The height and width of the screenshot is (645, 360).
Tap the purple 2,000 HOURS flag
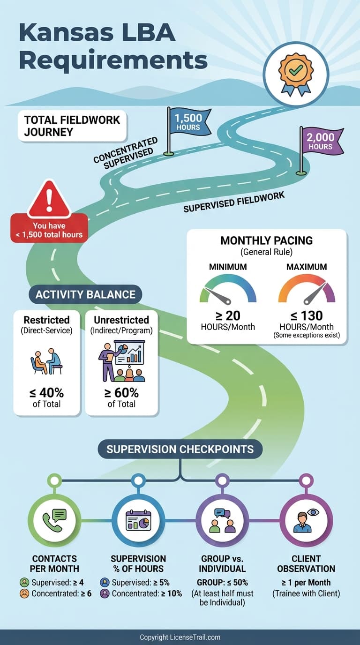pyautogui.click(x=321, y=141)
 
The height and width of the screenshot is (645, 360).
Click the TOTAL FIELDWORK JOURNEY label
pyautogui.click(x=72, y=126)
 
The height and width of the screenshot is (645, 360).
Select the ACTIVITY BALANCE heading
pyautogui.click(x=85, y=294)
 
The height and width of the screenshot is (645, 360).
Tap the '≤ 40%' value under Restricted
pyautogui.click(x=47, y=393)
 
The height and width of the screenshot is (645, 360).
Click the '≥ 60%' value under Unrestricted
pyautogui.click(x=121, y=393)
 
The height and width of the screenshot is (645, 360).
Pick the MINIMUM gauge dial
pyautogui.click(x=228, y=290)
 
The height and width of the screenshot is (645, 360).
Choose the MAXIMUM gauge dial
pyautogui.click(x=307, y=290)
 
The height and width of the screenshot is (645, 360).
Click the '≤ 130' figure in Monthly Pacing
pyautogui.click(x=307, y=316)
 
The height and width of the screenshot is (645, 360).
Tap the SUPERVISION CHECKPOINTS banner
pyautogui.click(x=180, y=449)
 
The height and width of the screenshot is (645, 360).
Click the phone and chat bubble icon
pyautogui.click(x=55, y=520)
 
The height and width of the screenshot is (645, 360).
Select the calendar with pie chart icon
pyautogui.click(x=138, y=520)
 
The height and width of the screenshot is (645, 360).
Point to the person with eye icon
pyautogui.click(x=306, y=520)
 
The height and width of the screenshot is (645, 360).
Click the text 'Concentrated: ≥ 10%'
pyautogui.click(x=142, y=593)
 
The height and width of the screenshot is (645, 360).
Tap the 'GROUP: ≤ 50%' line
pyautogui.click(x=222, y=583)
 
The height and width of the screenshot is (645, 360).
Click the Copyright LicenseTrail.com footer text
pyautogui.click(x=180, y=637)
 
